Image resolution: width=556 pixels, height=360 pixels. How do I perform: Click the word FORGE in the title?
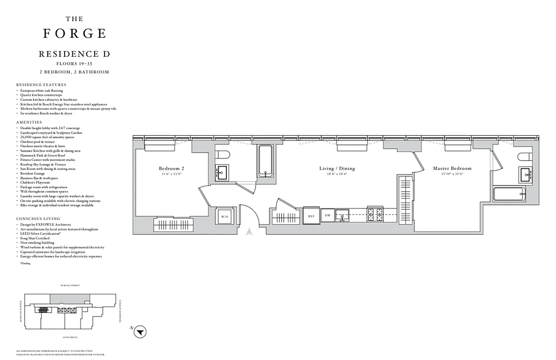tap(75, 34)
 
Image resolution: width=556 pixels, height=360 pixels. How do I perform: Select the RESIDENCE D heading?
tap(75, 54)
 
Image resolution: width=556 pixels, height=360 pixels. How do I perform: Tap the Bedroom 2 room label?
tap(172, 168)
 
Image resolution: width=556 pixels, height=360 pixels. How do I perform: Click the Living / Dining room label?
tap(337, 168)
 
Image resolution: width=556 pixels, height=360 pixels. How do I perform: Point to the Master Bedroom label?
tap(452, 168)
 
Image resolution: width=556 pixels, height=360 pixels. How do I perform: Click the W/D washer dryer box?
tap(224, 216)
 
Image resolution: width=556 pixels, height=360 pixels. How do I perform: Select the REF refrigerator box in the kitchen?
tap(311, 216)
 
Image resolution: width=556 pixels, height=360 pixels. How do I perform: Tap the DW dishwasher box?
tap(328, 216)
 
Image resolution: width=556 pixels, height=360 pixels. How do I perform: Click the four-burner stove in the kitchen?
tap(375, 215)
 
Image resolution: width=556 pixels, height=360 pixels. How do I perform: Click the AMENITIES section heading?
tap(29, 122)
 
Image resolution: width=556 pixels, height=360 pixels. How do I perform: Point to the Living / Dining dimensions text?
tap(337, 174)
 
